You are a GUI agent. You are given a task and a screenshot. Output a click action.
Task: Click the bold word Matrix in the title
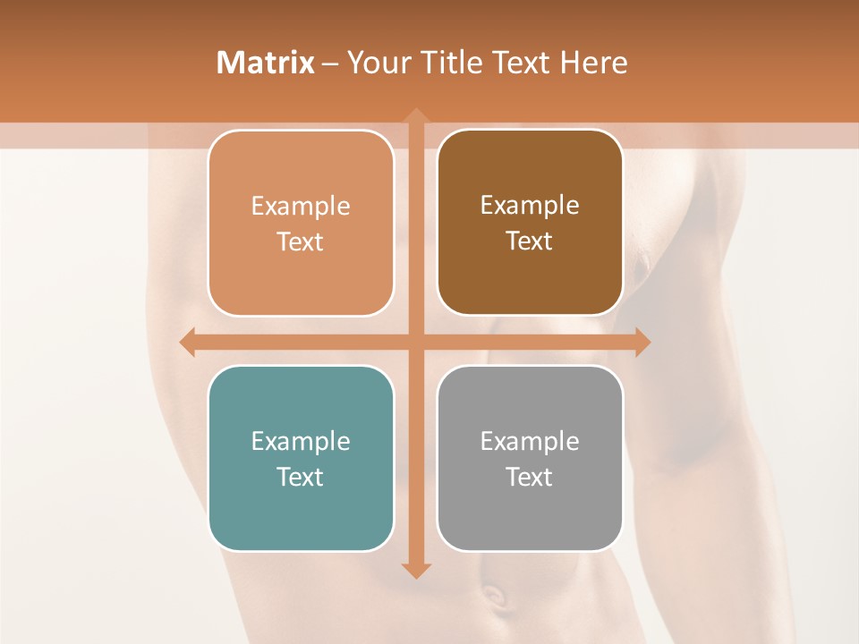pyautogui.click(x=266, y=63)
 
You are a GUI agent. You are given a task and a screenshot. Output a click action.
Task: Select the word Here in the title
pyautogui.click(x=593, y=63)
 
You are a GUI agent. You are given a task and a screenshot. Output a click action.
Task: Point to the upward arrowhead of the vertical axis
pyautogui.click(x=415, y=117)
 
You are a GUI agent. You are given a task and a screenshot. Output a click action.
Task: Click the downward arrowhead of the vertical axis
pyautogui.click(x=415, y=569)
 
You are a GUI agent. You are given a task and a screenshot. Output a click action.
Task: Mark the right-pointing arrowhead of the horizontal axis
pyautogui.click(x=642, y=342)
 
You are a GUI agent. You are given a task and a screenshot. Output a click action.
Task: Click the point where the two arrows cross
pyautogui.click(x=415, y=342)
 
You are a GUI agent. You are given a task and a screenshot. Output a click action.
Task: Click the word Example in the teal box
pyautogui.click(x=301, y=441)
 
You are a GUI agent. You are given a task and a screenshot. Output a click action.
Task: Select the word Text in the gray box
pyautogui.click(x=530, y=477)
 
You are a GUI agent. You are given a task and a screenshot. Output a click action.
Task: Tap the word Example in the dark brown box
pyautogui.click(x=530, y=205)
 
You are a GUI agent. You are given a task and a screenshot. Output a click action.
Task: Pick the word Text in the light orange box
pyautogui.click(x=301, y=241)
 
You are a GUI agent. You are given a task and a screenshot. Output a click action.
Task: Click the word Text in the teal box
pyautogui.click(x=301, y=477)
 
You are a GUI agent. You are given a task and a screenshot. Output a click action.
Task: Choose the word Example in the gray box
pyautogui.click(x=530, y=441)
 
